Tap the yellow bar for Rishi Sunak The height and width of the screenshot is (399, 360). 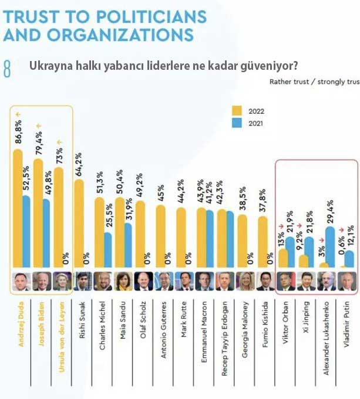[x=79, y=223]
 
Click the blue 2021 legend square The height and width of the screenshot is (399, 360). [x=237, y=123]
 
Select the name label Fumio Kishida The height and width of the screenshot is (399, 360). [x=265, y=317]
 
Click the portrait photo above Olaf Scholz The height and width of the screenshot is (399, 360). [x=143, y=281]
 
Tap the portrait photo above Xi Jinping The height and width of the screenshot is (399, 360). [x=305, y=281]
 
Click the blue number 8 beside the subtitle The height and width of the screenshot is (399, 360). [x=7, y=68]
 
